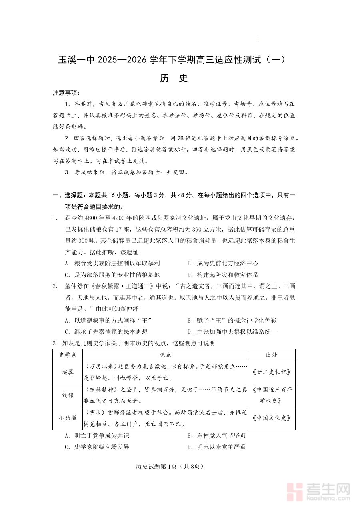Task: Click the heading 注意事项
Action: (66, 93)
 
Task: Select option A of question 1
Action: (112, 263)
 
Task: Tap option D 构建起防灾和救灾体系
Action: (222, 275)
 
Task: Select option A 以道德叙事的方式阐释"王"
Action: (108, 320)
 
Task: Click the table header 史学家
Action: (68, 355)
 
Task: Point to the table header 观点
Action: (165, 355)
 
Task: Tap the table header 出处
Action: (271, 355)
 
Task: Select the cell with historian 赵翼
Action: (68, 372)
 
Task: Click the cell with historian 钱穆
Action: (68, 395)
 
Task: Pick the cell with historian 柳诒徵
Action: (68, 418)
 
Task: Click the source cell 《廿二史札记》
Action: (271, 372)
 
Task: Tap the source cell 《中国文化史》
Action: (271, 418)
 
